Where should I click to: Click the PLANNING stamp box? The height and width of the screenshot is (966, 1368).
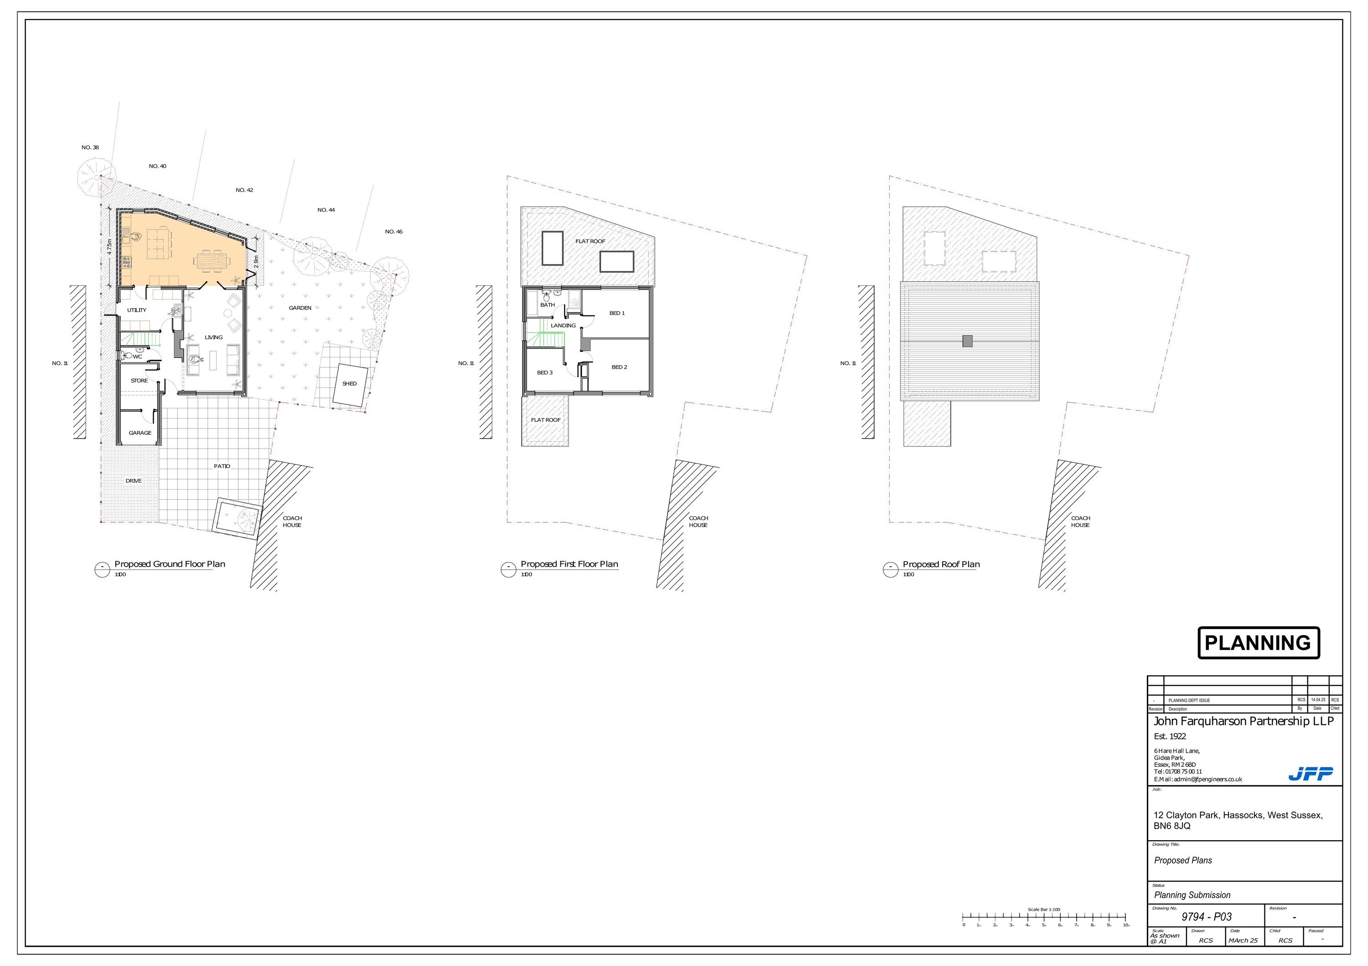[1259, 643]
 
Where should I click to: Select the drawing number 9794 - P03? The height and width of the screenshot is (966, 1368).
[1207, 917]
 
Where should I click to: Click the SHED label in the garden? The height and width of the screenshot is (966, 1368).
[349, 383]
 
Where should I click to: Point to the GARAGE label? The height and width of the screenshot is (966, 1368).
[140, 433]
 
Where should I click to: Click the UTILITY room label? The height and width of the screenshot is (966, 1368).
[136, 310]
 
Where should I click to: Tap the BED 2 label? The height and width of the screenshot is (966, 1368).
[619, 367]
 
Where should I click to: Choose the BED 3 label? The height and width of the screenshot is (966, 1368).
[544, 373]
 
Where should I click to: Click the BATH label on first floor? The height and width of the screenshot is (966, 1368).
[547, 305]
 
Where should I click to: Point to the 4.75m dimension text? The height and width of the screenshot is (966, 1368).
[109, 247]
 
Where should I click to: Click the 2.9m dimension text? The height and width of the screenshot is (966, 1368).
[256, 261]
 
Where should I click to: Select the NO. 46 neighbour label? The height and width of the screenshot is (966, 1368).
[393, 232]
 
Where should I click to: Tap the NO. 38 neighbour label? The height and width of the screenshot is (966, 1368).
[90, 148]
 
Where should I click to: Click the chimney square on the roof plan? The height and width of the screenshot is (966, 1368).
[968, 341]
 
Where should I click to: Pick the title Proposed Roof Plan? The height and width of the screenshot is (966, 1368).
[941, 564]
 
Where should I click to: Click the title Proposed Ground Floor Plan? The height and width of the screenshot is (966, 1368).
[170, 564]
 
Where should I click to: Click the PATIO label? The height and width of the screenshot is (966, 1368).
[222, 466]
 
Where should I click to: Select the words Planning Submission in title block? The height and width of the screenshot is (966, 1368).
[1192, 895]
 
